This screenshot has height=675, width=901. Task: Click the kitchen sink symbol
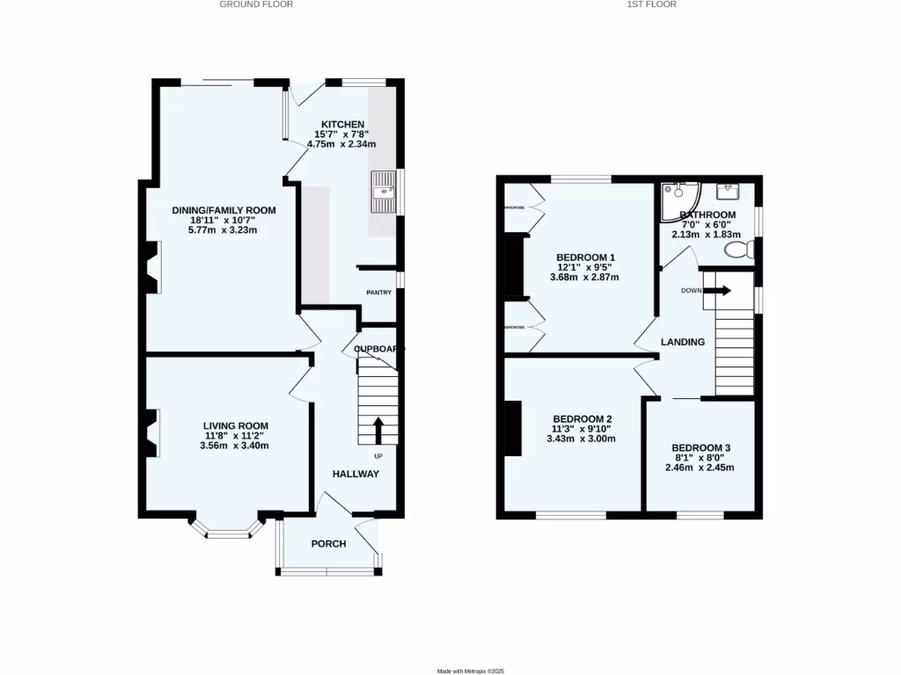coord(385,192)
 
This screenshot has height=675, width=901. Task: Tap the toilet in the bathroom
coord(737,250)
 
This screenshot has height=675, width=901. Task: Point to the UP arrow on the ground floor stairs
coord(379,430)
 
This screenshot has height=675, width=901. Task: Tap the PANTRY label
coord(379,293)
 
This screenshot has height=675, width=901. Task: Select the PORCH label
coord(328,544)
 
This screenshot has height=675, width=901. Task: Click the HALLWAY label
coord(355,475)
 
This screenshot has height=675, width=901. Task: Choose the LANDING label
coord(683,342)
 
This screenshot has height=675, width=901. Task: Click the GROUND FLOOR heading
coord(256,4)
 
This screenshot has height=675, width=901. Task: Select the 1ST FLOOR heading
coord(651,4)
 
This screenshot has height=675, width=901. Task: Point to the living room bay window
coord(227,528)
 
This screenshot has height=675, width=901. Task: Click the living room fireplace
coord(153,433)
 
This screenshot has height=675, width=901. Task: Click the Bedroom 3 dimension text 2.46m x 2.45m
coord(700,467)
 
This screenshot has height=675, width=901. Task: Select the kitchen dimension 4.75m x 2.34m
coord(342,144)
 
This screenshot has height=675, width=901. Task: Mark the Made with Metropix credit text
coord(471,671)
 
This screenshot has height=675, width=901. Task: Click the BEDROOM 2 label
coord(582,419)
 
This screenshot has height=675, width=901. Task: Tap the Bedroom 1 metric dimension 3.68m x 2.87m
coord(584,277)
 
